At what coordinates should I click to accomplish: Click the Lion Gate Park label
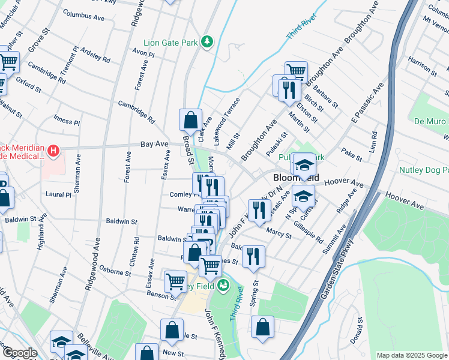coord(170,43)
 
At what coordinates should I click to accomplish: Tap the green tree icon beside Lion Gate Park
coord(207,41)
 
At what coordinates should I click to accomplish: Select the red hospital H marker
coord(53,149)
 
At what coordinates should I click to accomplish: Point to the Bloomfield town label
coord(296,178)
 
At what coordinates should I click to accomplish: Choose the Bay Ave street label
coord(154,145)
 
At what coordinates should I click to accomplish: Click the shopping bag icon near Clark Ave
coord(190,119)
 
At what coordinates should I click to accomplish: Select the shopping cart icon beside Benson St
coord(175,280)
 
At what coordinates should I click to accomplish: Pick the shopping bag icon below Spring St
coord(262,327)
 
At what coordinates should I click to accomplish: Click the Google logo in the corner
coord(20,352)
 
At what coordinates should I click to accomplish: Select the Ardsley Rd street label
coord(95,56)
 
